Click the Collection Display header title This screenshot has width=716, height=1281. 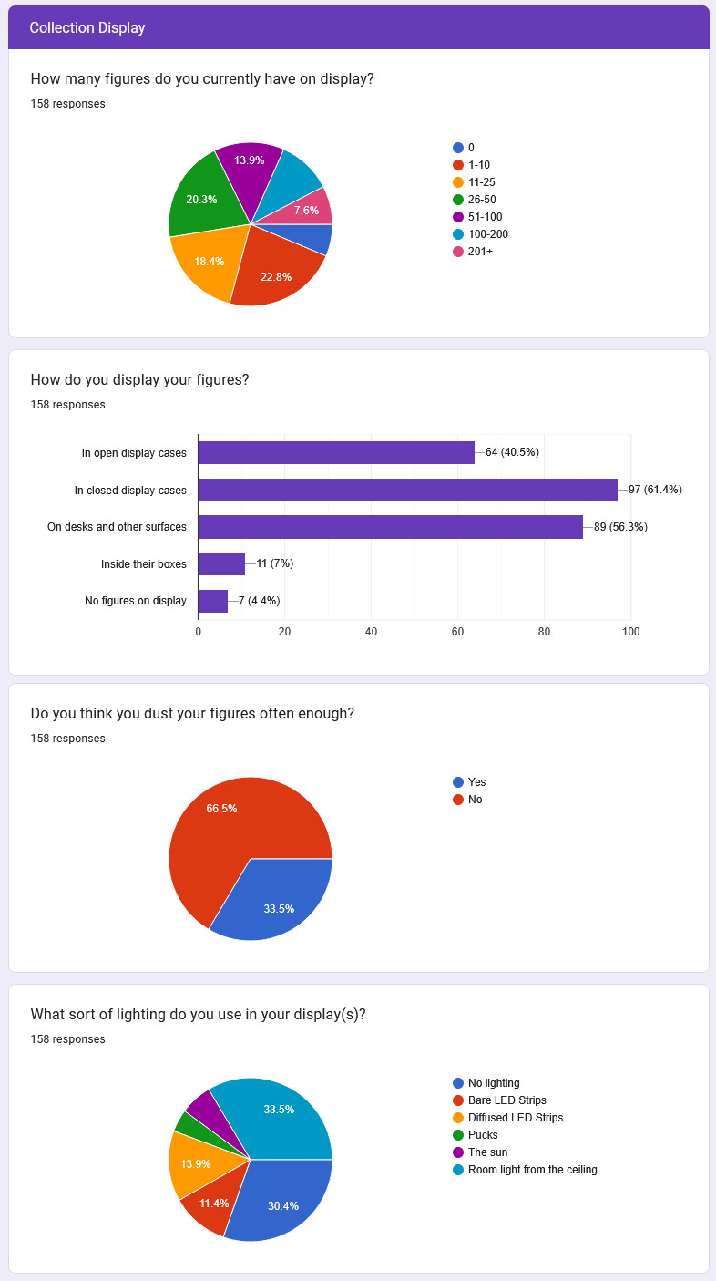click(87, 28)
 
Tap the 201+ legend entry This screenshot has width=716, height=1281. click(480, 251)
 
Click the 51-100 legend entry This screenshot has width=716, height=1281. click(485, 216)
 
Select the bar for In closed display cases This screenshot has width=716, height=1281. click(407, 490)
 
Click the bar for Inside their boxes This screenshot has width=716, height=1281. click(221, 563)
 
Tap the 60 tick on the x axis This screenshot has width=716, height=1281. click(457, 631)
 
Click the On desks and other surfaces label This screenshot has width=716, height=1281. click(117, 527)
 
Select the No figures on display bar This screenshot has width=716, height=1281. click(212, 601)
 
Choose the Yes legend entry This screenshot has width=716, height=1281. click(476, 782)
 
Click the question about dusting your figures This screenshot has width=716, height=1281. click(192, 713)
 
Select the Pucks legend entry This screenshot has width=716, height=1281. click(483, 1135)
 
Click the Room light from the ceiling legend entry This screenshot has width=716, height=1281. click(532, 1170)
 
